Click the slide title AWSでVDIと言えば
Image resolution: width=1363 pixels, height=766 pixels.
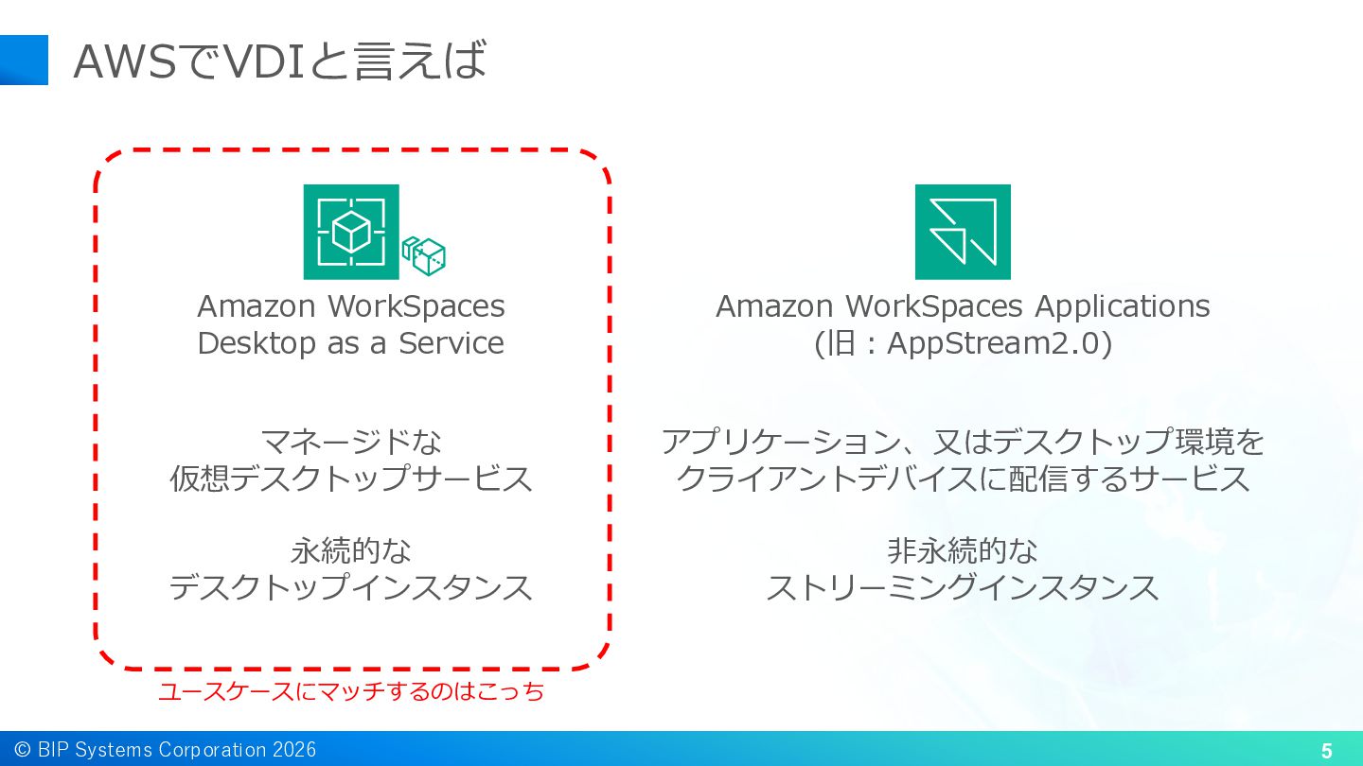coord(279,61)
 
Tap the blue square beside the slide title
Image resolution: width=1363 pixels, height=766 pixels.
coord(24,60)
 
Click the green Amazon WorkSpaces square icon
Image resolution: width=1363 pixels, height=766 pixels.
coord(351,232)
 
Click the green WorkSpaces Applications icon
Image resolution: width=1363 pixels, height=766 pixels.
coord(963,232)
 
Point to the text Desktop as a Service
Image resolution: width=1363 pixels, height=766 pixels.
coord(350,342)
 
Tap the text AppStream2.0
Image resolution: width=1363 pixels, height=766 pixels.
coord(998,343)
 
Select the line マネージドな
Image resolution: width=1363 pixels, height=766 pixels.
coord(351,442)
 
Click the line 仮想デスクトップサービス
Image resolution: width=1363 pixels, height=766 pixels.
coord(351,479)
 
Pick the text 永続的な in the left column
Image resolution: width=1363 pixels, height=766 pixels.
coord(351,550)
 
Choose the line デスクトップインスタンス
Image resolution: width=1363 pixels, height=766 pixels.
coord(351,587)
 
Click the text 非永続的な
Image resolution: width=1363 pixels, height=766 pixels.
coord(963,550)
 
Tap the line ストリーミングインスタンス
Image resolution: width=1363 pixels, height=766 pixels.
coord(963,587)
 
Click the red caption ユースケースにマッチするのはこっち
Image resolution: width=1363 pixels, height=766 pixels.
coord(351,691)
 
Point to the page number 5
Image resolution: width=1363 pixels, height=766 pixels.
coord(1326,752)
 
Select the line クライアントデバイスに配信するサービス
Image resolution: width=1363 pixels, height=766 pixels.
coord(963,479)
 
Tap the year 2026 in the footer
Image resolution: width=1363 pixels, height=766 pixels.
coord(294,750)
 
